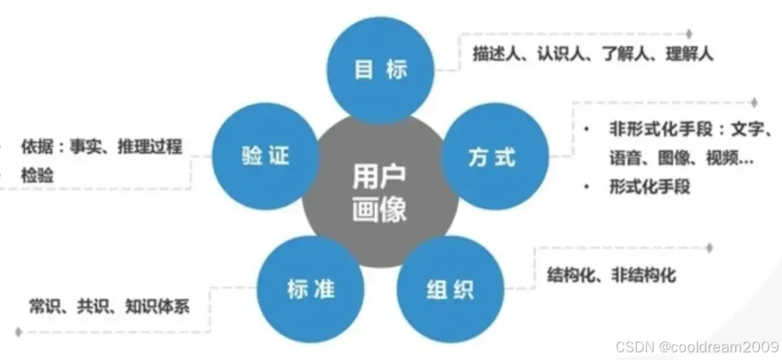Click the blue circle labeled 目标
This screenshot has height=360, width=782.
(380, 70)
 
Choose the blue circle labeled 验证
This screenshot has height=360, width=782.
(265, 157)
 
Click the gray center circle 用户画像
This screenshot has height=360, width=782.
(380, 194)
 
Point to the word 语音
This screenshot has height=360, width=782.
(624, 158)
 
